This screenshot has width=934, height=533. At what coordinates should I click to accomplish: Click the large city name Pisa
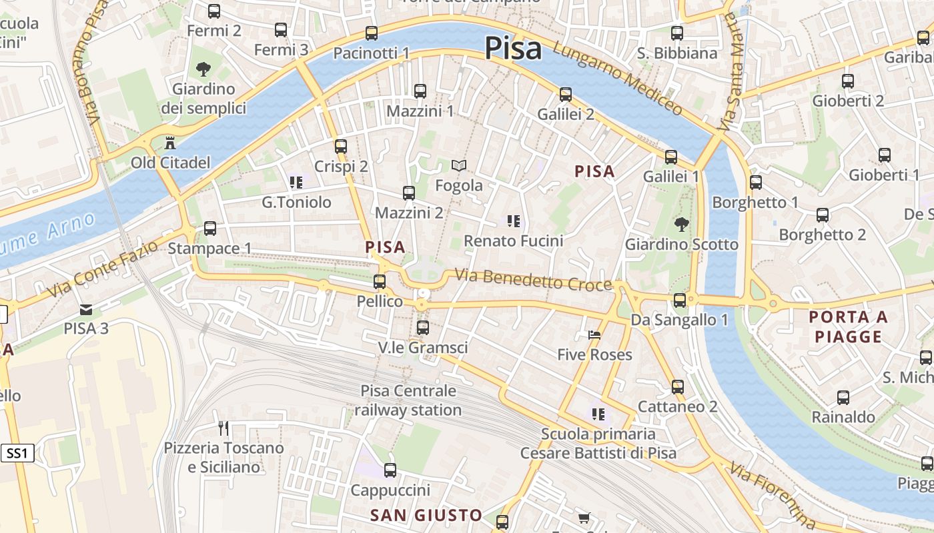coord(512,48)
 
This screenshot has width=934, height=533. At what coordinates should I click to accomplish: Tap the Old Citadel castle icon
coord(170,143)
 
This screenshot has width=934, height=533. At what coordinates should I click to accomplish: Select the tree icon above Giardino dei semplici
coord(203,69)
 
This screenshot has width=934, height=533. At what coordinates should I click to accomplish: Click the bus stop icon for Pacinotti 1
coord(372,33)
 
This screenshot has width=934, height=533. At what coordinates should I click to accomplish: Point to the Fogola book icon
coord(459,165)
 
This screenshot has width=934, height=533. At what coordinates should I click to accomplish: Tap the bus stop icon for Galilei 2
coord(566,95)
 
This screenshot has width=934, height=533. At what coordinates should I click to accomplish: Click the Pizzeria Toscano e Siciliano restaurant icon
coord(223,428)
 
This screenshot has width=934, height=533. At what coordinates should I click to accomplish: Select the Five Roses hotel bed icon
coord(594,334)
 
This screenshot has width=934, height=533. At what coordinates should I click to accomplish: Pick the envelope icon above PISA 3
coord(86,309)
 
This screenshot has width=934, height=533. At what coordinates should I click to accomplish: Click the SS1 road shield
coord(17,454)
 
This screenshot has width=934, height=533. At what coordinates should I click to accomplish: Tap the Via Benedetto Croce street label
coord(533,280)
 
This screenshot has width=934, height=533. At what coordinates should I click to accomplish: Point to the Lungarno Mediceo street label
coord(617,79)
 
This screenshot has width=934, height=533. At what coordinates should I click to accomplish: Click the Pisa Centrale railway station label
coord(408,400)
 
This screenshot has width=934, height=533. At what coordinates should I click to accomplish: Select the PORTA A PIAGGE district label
coord(849,326)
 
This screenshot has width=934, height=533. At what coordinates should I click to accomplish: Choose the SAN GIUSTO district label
coord(426,515)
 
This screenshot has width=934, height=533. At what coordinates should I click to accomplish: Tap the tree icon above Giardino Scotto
coord(681,225)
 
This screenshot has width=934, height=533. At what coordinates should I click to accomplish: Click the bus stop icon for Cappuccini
coord(390,470)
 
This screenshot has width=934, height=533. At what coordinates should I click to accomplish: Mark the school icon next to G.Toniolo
coord(296,182)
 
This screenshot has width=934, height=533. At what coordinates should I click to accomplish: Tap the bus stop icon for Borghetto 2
coord(823,215)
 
